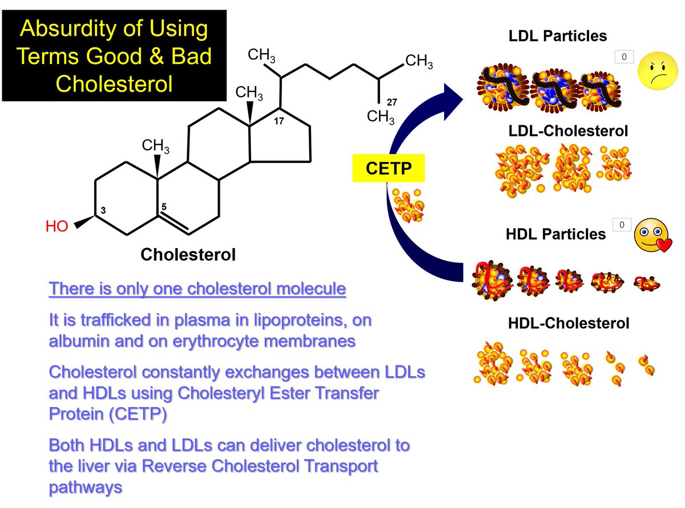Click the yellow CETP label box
tap(388, 168)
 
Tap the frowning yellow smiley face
tap(658, 71)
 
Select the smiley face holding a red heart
tap(652, 235)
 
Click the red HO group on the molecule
tap(57, 226)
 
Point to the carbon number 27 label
tap(392, 102)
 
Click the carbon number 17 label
tap(279, 121)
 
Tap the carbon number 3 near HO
tap(103, 210)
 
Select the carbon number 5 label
tap(164, 206)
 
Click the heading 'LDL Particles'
tap(558, 36)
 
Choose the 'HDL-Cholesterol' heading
tap(569, 323)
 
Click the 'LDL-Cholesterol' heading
tap(568, 131)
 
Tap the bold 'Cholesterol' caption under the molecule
tap(188, 254)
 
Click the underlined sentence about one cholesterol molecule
tap(198, 288)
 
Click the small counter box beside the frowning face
tap(624, 57)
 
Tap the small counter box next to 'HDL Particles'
tap(622, 225)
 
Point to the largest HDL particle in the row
tap(492, 281)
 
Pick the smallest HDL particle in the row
tap(646, 283)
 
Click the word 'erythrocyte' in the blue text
tap(215, 341)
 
